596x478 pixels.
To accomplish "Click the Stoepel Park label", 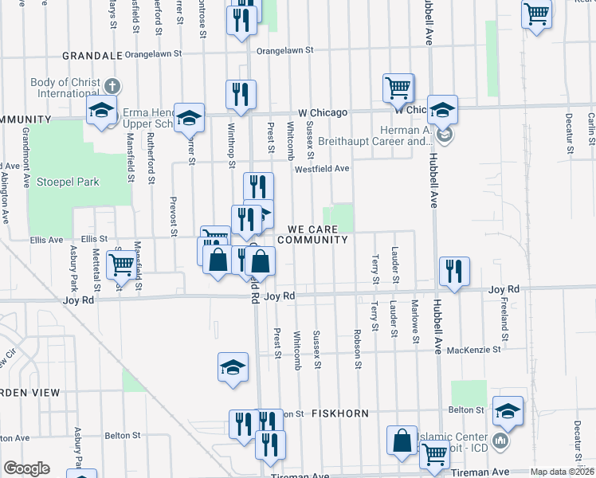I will pos(68,182).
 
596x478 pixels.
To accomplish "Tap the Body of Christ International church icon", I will pos(112,85).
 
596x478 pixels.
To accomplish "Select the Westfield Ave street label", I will pos(322,169).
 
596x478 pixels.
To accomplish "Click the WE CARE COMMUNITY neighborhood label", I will pos(313,234).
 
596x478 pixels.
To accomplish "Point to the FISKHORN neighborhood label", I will pos(339,413).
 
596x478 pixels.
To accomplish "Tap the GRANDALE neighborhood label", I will pos(92,56).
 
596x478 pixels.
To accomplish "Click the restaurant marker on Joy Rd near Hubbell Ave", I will pos(453,270).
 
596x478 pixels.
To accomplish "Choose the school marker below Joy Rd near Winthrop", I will pos(233,366).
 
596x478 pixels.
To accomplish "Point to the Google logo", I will pos(25,468).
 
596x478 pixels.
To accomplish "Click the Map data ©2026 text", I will pos(562,472).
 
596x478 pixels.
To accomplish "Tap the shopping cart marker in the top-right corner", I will pos(537,13).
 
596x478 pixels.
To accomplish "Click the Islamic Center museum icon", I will pos(501,440).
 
